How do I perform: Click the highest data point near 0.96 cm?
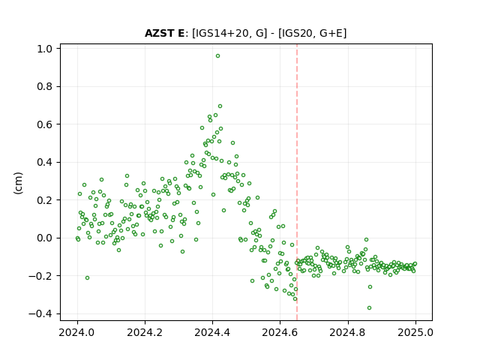217,56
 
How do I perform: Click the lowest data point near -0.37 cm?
369,308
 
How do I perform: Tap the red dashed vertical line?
297,182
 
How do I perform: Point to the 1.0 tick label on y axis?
45,49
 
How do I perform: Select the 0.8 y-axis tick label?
45,87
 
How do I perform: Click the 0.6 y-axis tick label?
45,124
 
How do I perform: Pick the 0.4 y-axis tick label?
45,162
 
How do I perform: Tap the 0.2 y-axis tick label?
45,200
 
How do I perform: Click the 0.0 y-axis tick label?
45,238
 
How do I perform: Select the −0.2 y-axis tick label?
40,276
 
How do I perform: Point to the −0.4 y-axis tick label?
40,313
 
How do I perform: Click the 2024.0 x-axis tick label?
77,332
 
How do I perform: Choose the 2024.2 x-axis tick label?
145,332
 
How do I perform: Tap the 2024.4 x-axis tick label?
212,332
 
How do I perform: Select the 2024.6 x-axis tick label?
280,332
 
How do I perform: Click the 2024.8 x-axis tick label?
348,332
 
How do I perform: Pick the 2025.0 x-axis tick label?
415,332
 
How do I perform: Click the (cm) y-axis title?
18,183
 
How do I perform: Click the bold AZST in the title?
160,33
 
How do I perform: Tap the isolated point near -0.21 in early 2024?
87,278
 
